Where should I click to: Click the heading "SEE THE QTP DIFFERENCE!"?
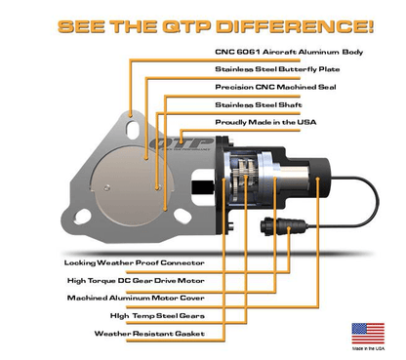tap(202, 21)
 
